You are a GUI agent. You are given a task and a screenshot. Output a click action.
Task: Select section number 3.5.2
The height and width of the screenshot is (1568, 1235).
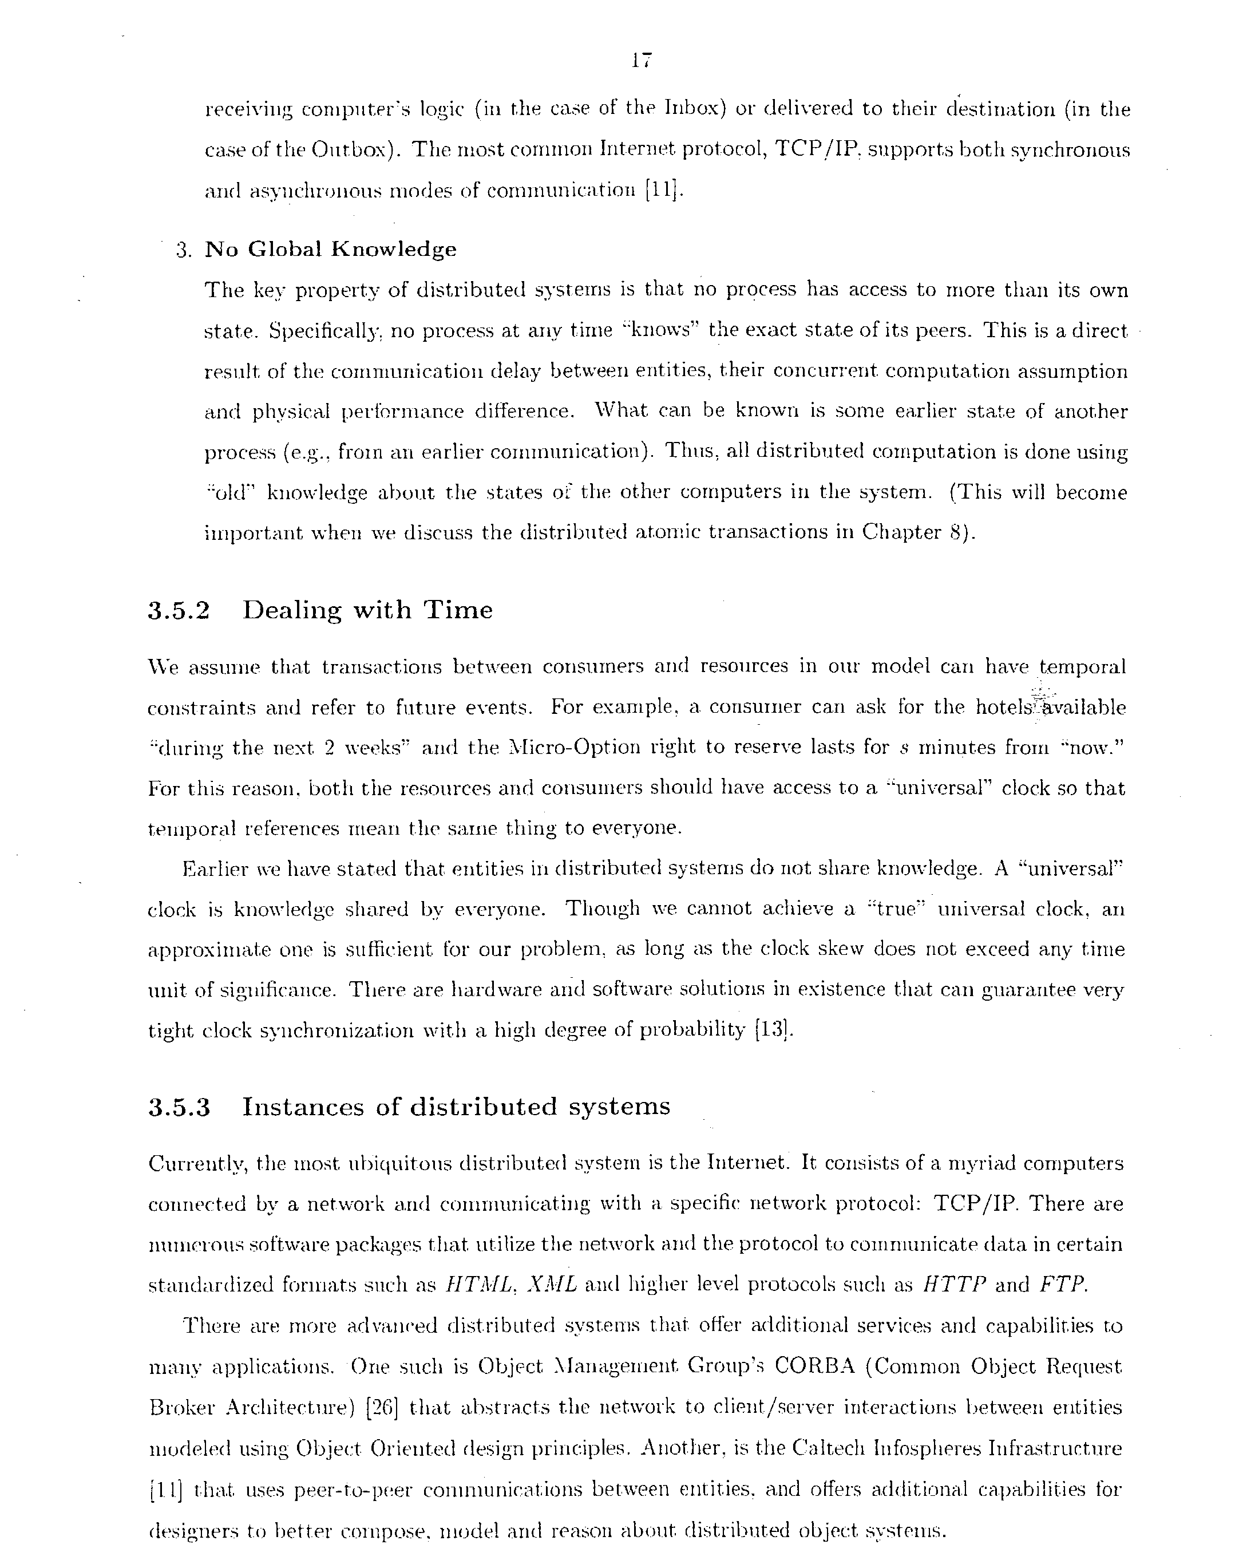pos(179,611)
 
